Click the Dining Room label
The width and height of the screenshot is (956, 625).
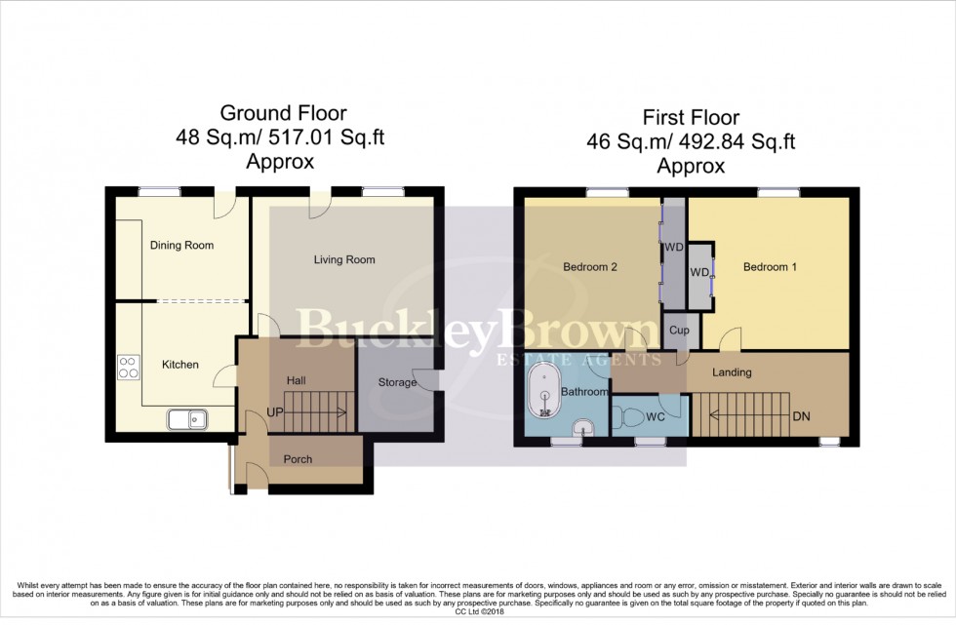coord(181,246)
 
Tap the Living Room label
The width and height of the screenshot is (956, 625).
coord(344,259)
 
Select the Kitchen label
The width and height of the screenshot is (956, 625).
coord(180,365)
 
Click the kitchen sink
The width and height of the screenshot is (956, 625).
coord(186,420)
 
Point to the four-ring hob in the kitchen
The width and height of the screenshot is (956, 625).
coord(129,366)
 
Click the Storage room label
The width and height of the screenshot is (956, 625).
coord(397,382)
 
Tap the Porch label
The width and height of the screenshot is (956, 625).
coord(298,459)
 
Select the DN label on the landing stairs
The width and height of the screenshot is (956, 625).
coord(802,416)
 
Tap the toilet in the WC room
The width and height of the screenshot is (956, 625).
coord(631,417)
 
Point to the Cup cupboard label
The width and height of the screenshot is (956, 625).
coord(680,331)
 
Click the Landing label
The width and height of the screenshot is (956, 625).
coord(732,371)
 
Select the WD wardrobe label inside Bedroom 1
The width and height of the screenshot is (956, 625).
coord(698,272)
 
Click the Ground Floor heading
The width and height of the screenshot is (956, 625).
coord(283,114)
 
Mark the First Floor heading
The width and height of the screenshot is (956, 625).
coord(691,119)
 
